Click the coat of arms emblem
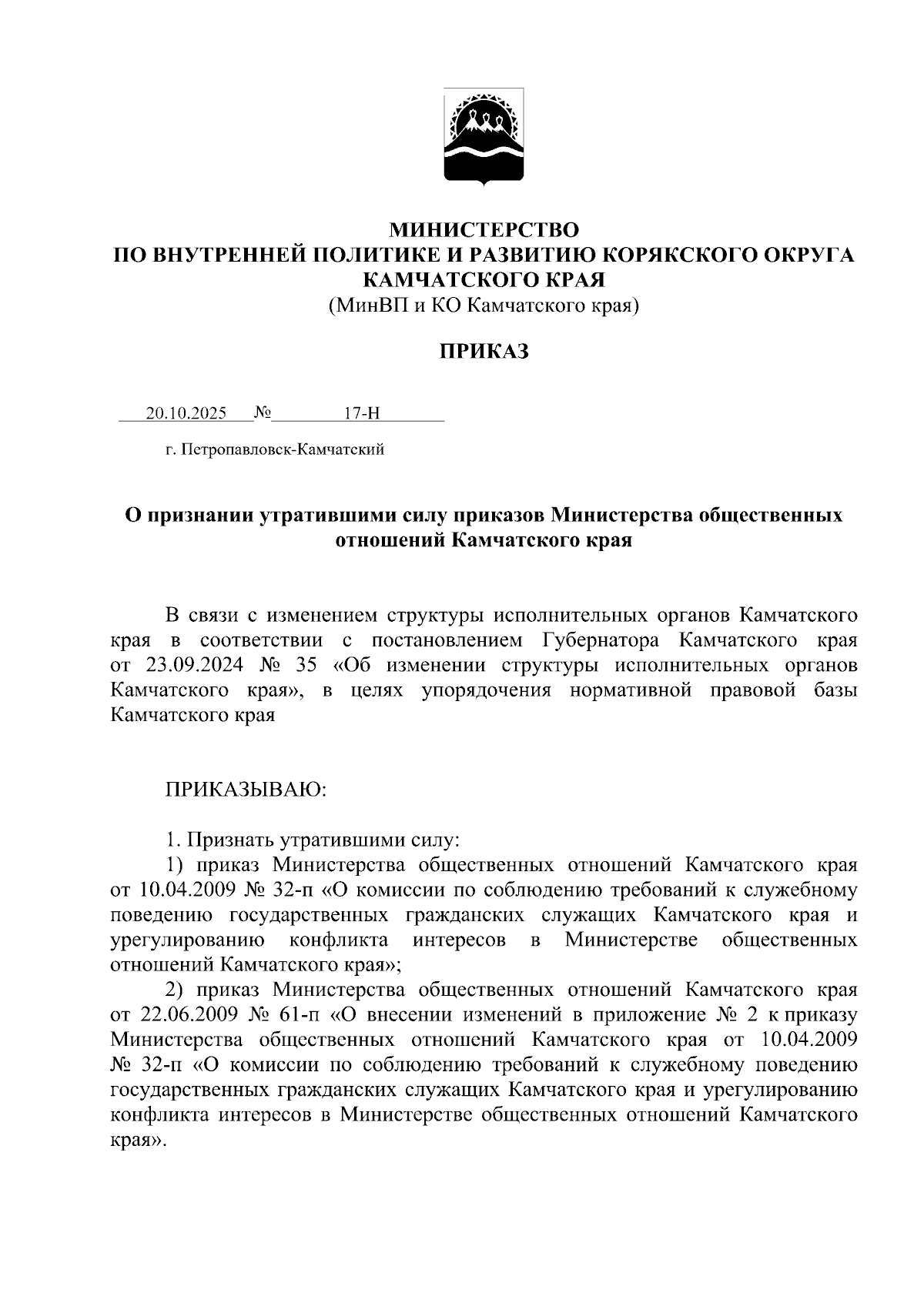click(484, 136)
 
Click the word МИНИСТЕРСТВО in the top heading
click(484, 230)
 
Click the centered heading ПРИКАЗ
click(484, 352)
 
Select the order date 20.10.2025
click(186, 413)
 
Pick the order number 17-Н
click(361, 413)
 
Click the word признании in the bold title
click(199, 514)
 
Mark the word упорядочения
click(487, 690)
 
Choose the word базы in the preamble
click(835, 690)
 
